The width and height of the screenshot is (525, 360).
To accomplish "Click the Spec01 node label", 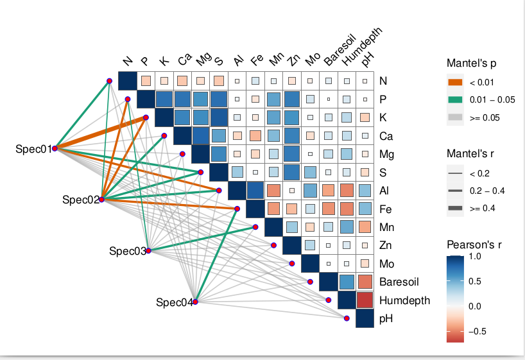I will [x=33, y=149].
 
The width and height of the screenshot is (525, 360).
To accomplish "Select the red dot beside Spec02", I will [x=101, y=200].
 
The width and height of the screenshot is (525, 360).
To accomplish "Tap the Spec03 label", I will [x=127, y=251].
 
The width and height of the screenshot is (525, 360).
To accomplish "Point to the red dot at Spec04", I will [x=195, y=302].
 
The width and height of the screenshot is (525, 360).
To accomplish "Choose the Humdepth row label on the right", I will [x=404, y=300].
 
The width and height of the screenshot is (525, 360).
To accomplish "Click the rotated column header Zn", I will [x=293, y=60].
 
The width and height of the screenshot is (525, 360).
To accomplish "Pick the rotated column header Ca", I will [x=184, y=60].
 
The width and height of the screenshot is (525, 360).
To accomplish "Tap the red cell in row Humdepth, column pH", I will [x=365, y=300].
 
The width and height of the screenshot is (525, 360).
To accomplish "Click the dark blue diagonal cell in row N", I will [x=127, y=81].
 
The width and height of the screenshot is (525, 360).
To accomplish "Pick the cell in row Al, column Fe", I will [x=255, y=191].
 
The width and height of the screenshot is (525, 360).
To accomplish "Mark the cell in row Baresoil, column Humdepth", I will [x=347, y=282].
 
